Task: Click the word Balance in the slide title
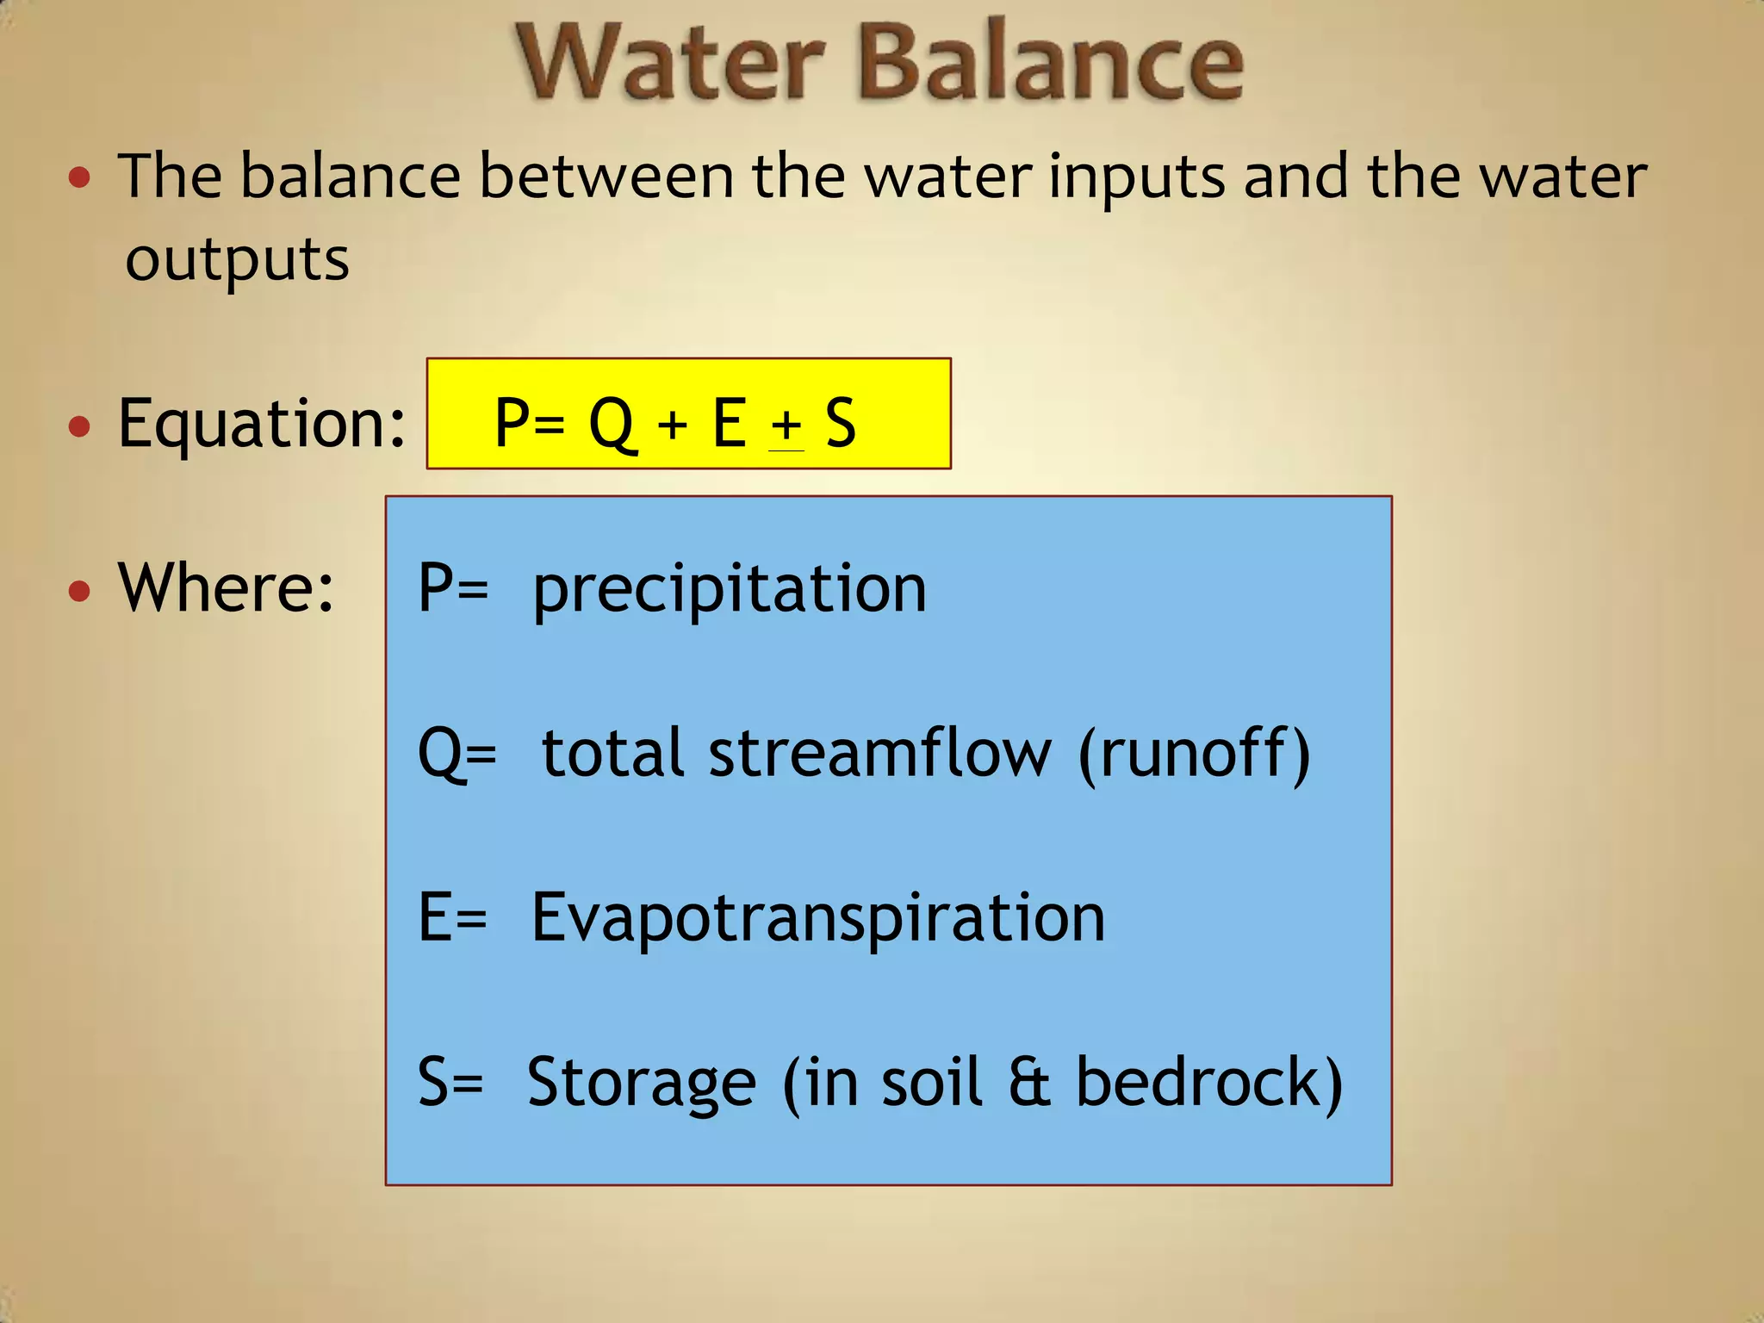1051,62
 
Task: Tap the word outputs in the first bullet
237,259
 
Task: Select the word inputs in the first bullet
1136,177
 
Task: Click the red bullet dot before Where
79,591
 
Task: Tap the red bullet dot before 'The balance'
79,178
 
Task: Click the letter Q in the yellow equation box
611,423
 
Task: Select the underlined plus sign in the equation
786,425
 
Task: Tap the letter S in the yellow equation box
841,423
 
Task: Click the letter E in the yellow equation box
729,423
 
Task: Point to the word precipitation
730,590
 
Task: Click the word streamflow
879,753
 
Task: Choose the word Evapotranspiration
817,917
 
